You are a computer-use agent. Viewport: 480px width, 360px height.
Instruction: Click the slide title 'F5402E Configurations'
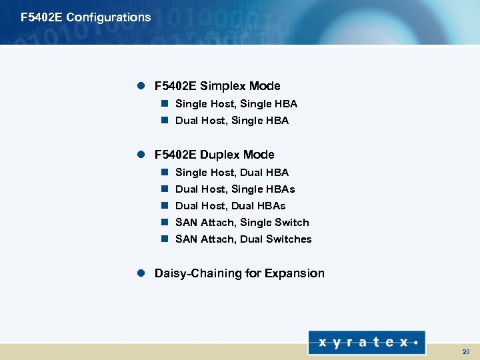click(x=86, y=17)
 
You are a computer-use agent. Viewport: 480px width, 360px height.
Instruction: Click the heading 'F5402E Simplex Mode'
click(x=217, y=86)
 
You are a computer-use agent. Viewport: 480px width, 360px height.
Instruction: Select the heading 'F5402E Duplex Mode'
click(x=214, y=155)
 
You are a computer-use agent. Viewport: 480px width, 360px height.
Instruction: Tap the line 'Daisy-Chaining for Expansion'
click(x=239, y=273)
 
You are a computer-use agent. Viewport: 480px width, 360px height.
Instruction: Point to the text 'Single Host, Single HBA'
click(x=236, y=104)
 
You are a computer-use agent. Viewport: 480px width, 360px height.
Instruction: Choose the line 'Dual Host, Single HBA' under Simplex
click(x=231, y=121)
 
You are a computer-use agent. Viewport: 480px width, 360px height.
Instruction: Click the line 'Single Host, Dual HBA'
click(x=231, y=173)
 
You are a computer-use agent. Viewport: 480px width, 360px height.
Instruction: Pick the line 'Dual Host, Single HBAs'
click(x=235, y=189)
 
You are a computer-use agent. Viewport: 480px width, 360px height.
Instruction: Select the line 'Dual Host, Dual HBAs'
click(x=230, y=206)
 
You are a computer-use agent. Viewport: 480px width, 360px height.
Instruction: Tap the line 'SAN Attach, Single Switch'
click(x=242, y=223)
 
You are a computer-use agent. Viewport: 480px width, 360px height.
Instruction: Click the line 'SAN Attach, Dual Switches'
click(x=243, y=239)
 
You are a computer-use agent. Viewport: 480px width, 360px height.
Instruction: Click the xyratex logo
click(x=367, y=342)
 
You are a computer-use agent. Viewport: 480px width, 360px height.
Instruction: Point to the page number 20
click(x=465, y=351)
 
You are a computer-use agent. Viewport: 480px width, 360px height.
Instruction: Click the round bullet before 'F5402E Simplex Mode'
click(x=141, y=86)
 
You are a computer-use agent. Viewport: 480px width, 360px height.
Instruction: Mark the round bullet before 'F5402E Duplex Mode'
click(x=141, y=155)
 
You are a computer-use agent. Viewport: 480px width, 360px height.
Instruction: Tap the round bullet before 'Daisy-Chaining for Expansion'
click(x=141, y=273)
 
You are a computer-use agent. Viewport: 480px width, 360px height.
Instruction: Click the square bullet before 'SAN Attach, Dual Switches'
click(x=164, y=239)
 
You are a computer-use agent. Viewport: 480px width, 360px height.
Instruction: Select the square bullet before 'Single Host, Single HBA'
click(x=164, y=104)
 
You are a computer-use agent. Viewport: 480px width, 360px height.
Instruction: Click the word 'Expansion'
click(x=295, y=273)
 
